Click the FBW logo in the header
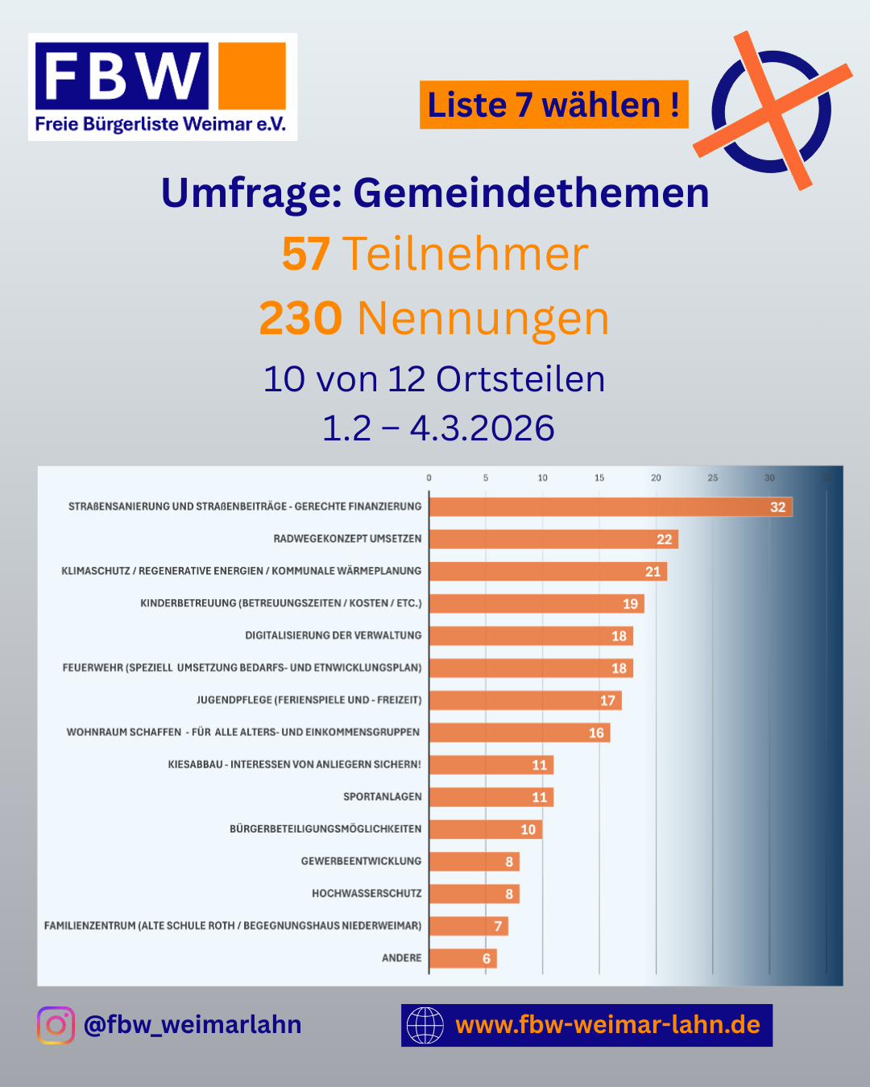[162, 87]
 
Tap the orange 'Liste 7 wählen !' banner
[553, 105]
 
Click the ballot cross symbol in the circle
[772, 110]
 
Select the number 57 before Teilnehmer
[306, 254]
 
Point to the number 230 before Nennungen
[300, 319]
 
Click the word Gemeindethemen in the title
[531, 193]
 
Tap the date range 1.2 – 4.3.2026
[438, 428]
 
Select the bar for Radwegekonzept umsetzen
[553, 539]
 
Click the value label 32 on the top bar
[777, 507]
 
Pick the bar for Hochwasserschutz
[474, 894]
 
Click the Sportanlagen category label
[383, 797]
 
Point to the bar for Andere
[462, 958]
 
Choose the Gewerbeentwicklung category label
[361, 862]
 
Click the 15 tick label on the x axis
[599, 478]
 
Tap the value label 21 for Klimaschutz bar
[652, 572]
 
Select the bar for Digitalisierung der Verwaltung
[531, 636]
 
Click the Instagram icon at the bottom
[56, 1025]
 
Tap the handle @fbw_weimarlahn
[193, 1025]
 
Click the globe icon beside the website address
[425, 1025]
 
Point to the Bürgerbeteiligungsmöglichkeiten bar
[485, 829]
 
